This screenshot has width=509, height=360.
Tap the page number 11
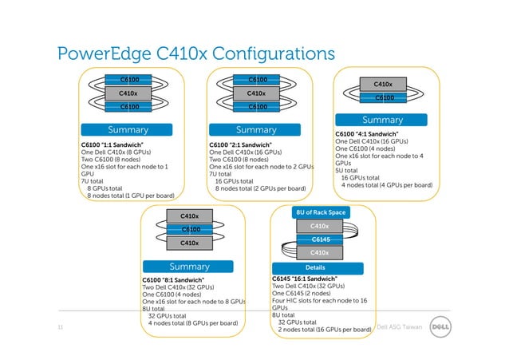coord(61,327)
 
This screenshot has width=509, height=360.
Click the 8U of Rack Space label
coord(320,212)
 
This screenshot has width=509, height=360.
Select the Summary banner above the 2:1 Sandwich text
coord(256,129)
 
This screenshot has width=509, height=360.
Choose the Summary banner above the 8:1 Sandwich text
coord(189,266)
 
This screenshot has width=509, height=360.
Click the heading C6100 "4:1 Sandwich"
coord(368,133)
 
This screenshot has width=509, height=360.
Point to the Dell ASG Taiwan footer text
coord(400,327)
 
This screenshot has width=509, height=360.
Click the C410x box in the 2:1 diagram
coord(256,93)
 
